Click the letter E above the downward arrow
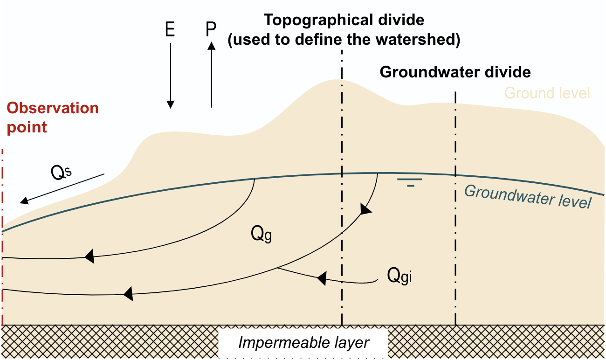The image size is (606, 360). [x=170, y=30]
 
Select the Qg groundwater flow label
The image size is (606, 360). [x=261, y=234]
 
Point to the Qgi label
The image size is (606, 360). [x=400, y=276]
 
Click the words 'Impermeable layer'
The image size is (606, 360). [x=303, y=343]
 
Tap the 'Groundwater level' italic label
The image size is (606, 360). [x=528, y=196]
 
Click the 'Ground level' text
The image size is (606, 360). [x=547, y=93]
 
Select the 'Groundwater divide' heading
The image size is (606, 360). [x=455, y=72]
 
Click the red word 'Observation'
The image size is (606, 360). [x=53, y=108]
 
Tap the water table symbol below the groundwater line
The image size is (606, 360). [x=410, y=182]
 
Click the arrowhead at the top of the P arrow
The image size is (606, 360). [x=211, y=45]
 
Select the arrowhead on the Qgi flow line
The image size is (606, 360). [x=321, y=279]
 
